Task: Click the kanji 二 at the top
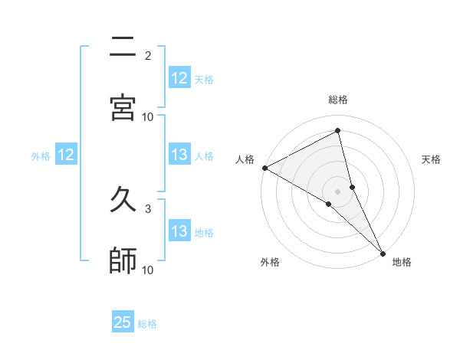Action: coord(123,47)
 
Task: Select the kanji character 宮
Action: coord(123,106)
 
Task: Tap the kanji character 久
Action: coord(123,201)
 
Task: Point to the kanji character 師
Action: coord(123,260)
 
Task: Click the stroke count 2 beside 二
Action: coord(148,56)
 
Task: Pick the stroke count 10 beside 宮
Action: coord(148,116)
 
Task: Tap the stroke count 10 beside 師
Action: coord(148,270)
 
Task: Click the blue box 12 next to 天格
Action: coord(179,78)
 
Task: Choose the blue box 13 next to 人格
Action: coord(179,155)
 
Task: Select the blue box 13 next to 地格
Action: coord(179,231)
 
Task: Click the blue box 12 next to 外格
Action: coord(66,155)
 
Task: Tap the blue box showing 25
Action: coord(123,322)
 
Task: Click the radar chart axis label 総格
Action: coord(338,100)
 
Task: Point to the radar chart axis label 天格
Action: coord(432,159)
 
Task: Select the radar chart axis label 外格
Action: coord(270,262)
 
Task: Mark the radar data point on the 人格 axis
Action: coord(264,168)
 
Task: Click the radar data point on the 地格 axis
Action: coord(383,251)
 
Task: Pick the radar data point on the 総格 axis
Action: coord(338,132)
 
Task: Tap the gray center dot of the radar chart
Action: coord(338,190)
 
